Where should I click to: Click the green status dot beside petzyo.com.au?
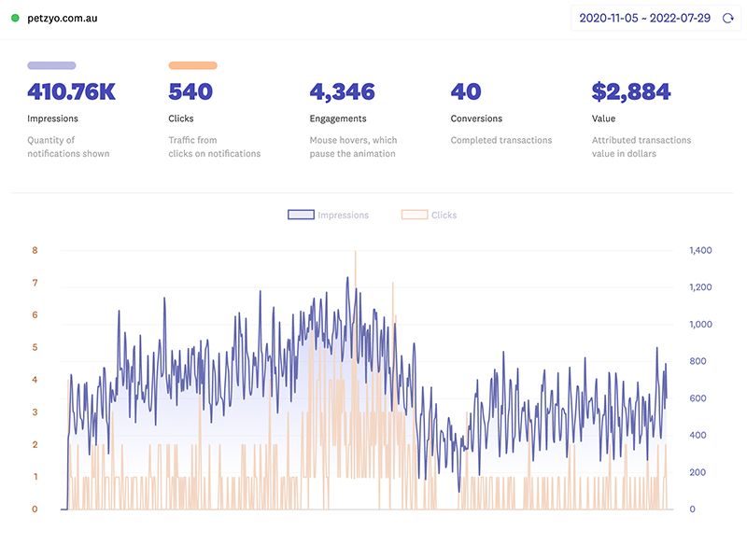tap(15, 18)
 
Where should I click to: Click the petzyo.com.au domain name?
tap(63, 18)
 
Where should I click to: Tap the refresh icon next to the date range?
tap(728, 18)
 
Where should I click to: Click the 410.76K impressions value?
tap(71, 91)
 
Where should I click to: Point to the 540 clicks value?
tap(190, 91)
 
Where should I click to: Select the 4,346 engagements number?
tap(342, 91)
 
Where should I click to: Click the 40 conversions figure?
tap(466, 91)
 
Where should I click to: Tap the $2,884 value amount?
tap(631, 91)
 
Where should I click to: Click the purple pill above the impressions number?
tap(51, 65)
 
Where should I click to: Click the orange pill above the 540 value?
tap(192, 65)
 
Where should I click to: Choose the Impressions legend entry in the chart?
tap(329, 215)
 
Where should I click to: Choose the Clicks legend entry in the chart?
tap(430, 215)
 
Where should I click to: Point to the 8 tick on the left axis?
tap(35, 250)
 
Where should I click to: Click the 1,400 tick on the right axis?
tap(700, 250)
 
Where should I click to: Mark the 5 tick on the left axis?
tap(35, 347)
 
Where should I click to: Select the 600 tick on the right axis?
tap(698, 398)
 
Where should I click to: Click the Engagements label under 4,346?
tap(338, 119)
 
